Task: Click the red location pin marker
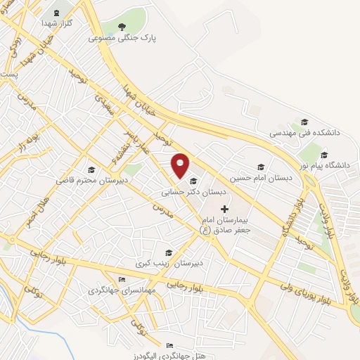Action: [181, 165]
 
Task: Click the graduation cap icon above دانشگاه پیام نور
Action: [323, 155]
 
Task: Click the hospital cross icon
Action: [225, 208]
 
